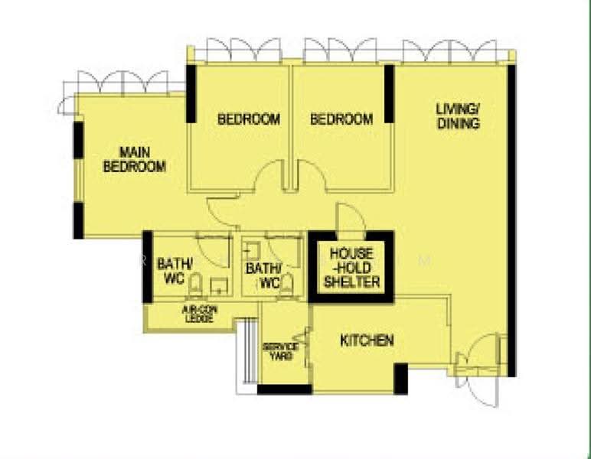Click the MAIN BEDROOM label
pyautogui.click(x=135, y=159)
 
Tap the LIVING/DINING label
pyautogui.click(x=459, y=116)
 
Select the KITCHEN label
pyautogui.click(x=367, y=340)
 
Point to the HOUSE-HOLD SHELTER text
pyautogui.click(x=351, y=268)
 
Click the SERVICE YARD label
pyautogui.click(x=281, y=351)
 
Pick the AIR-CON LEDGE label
pyautogui.click(x=199, y=314)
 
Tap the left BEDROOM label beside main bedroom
pyautogui.click(x=249, y=119)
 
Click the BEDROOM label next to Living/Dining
pyautogui.click(x=341, y=119)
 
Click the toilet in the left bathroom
pyautogui.click(x=195, y=285)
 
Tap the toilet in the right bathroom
pyautogui.click(x=287, y=285)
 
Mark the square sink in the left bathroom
pyautogui.click(x=219, y=287)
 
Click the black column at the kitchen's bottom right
pyautogui.click(x=400, y=379)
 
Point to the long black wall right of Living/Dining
pyautogui.click(x=511, y=221)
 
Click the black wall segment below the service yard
pyautogui.click(x=285, y=389)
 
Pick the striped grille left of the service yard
pyautogui.click(x=249, y=351)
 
